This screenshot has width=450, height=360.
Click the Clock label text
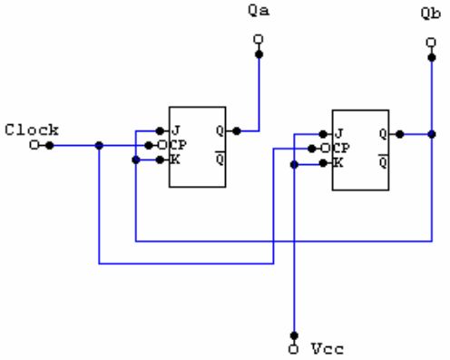click(x=32, y=130)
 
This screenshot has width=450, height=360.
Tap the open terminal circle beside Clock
click(x=34, y=145)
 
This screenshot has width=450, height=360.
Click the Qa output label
click(x=259, y=11)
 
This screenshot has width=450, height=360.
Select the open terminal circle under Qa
click(x=259, y=39)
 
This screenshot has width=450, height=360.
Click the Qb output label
click(x=431, y=14)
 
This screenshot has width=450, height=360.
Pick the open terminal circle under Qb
click(x=431, y=43)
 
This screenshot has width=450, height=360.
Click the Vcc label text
click(x=328, y=349)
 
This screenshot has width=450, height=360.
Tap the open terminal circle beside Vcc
click(x=293, y=349)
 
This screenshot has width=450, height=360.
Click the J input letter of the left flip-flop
click(x=176, y=131)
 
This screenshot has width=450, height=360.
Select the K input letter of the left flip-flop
click(x=175, y=160)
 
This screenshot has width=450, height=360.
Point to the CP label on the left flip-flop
click(x=177, y=145)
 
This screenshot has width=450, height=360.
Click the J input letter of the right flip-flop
click(x=339, y=133)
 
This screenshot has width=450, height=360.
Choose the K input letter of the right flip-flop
click(x=338, y=163)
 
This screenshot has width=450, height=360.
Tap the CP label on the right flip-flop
click(x=341, y=148)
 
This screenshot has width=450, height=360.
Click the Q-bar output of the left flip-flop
click(x=220, y=159)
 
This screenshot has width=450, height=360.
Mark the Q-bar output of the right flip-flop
click(x=383, y=161)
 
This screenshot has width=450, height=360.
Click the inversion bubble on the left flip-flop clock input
click(x=162, y=145)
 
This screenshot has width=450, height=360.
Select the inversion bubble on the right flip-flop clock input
click(x=326, y=149)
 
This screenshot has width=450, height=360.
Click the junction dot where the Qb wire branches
click(x=432, y=134)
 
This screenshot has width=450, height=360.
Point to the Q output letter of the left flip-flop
click(x=220, y=131)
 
